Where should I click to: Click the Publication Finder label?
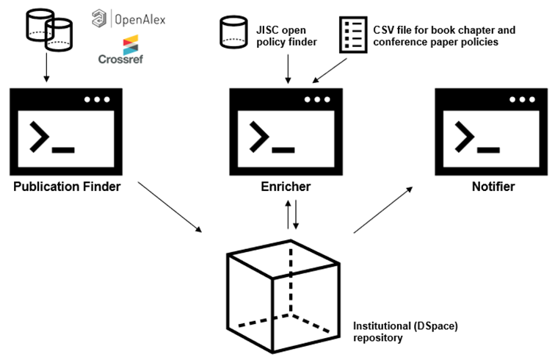[x=67, y=187]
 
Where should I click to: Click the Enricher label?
[x=286, y=187]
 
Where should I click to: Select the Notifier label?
[x=493, y=187]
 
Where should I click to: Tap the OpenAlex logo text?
[x=138, y=18]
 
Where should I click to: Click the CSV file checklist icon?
[x=352, y=35]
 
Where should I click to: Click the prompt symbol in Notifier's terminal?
[x=468, y=137]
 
